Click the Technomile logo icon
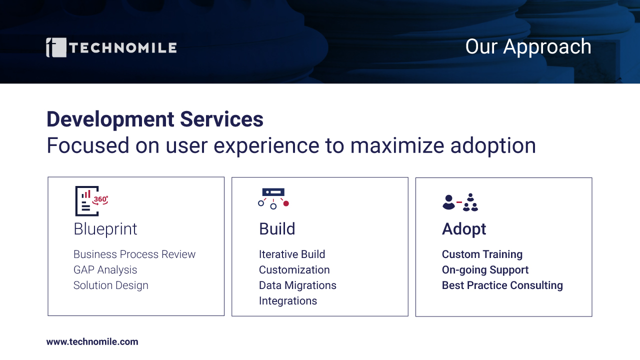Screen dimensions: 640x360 click(x=56, y=47)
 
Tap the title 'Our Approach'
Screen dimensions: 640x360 click(x=528, y=47)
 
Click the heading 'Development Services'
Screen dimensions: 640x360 click(x=155, y=119)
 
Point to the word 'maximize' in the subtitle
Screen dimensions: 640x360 click(x=397, y=145)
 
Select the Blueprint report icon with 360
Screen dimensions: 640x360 click(x=91, y=201)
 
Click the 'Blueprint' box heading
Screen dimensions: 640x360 click(x=105, y=229)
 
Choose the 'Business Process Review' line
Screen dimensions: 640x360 click(x=134, y=254)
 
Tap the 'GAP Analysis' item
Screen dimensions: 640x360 click(x=105, y=270)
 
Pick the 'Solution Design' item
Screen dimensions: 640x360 click(x=111, y=285)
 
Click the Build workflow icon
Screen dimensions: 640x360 click(x=273, y=198)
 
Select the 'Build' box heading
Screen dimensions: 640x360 click(x=277, y=229)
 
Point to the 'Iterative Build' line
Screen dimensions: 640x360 click(x=292, y=254)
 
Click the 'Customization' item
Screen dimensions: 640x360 click(x=294, y=270)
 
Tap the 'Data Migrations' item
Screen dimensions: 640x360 click(x=297, y=285)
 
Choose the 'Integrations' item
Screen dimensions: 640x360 click(x=288, y=301)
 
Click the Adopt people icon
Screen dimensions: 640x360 click(x=460, y=202)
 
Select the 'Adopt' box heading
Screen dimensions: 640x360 click(x=464, y=229)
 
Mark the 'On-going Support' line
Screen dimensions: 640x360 click(x=485, y=270)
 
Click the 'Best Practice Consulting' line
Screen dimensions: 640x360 click(x=502, y=285)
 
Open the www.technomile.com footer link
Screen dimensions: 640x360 click(x=92, y=341)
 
